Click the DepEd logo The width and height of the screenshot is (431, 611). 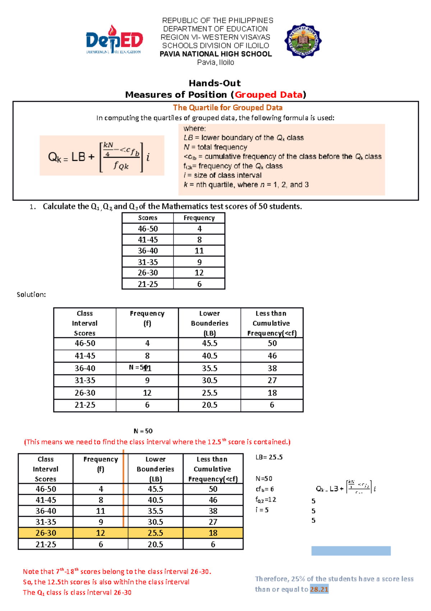coord(114,40)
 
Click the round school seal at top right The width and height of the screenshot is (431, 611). coord(303,41)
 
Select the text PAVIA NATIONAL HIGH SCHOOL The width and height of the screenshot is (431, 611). coord(215,54)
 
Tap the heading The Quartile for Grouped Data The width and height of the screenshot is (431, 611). coord(228,108)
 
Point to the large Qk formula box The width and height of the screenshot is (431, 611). coord(102,156)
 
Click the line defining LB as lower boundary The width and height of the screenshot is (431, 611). coord(244,138)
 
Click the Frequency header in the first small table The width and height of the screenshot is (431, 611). coord(199,218)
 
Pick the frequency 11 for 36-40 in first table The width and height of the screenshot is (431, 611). coord(199,251)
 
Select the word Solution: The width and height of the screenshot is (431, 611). coord(31,295)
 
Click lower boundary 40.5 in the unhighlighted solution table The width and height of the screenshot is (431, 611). coord(209,356)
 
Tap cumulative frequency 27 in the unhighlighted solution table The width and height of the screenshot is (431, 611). coord(272,380)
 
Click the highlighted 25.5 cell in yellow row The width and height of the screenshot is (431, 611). coord(155,533)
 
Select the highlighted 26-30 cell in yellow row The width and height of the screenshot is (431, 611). coord(46,533)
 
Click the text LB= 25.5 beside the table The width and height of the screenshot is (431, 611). coord(269,457)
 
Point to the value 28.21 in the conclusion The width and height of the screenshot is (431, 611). coord(319,589)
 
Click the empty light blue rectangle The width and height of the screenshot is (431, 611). coord(351,551)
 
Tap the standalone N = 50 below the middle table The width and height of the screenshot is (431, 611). coord(143,431)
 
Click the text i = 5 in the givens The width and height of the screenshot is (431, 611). coord(262,510)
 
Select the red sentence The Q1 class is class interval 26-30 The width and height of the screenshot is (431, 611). coord(77,593)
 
